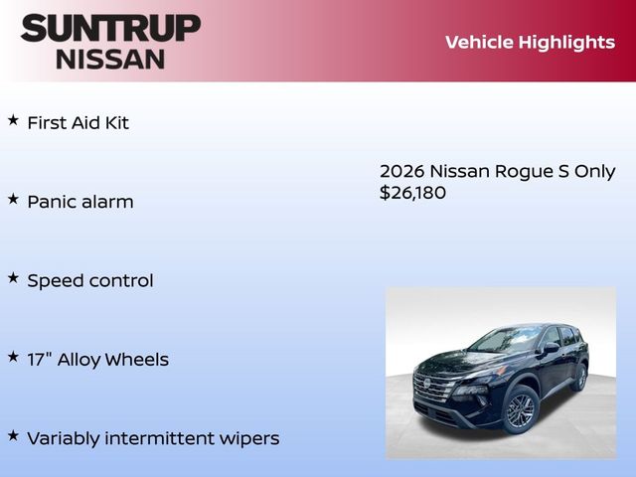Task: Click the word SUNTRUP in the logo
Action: (109, 28)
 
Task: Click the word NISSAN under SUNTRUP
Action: (110, 58)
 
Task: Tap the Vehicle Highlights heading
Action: (530, 42)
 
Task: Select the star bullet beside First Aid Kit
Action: (13, 120)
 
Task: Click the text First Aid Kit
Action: (78, 123)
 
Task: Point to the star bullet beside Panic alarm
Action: (13, 199)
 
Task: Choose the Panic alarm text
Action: (79, 202)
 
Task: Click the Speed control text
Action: (89, 280)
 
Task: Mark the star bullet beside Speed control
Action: (13, 277)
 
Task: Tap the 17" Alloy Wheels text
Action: (97, 360)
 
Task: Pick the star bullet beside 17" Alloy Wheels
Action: (13, 356)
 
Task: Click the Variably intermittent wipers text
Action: (153, 438)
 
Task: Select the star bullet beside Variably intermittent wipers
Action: (13, 434)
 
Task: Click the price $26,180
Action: (412, 193)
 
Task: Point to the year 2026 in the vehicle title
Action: (401, 171)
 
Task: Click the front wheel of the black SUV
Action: (520, 408)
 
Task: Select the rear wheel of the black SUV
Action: (581, 377)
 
